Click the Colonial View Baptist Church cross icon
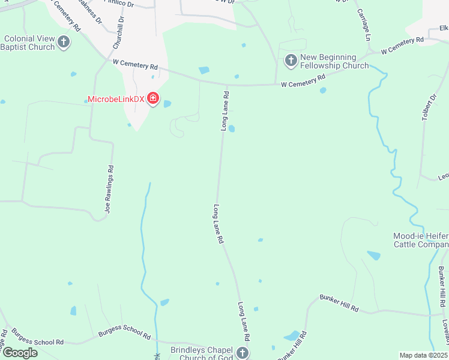coord(64,42)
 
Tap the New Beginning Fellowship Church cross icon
coord(291,60)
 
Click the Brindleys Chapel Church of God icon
coord(243,352)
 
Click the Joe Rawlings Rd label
coord(109,189)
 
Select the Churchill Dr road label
coord(118,32)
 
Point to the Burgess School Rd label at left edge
coord(37,337)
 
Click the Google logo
coord(20,352)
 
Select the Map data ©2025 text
coord(423,355)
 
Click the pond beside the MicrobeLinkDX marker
coord(167,104)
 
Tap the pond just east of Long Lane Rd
coord(231,128)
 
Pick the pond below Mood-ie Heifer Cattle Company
coord(373,255)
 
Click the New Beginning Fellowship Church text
coord(334,61)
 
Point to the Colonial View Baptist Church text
coord(29,43)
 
